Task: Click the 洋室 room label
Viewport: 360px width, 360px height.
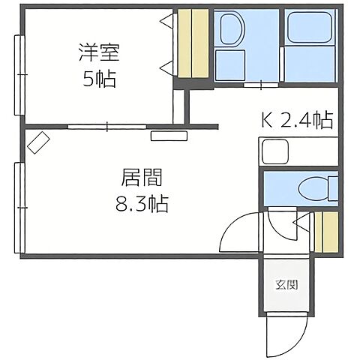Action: tap(99, 54)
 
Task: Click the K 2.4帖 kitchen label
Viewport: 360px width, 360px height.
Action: tap(296, 120)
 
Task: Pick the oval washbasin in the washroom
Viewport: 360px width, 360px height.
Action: tap(230, 31)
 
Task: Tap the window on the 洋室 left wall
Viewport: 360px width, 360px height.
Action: tap(19, 72)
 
